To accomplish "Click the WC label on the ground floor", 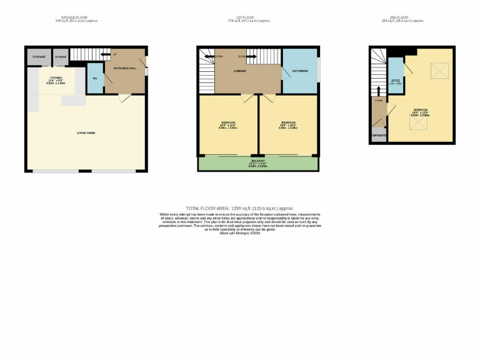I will click(x=94, y=78).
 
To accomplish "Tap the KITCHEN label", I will click(x=56, y=78).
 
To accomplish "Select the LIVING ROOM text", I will click(x=86, y=132).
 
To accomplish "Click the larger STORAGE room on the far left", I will click(x=38, y=57).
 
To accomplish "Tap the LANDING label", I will click(x=239, y=71).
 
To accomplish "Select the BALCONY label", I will click(x=257, y=161).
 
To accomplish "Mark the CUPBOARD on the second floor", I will click(x=378, y=136).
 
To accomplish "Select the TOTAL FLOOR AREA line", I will click(x=240, y=208).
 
